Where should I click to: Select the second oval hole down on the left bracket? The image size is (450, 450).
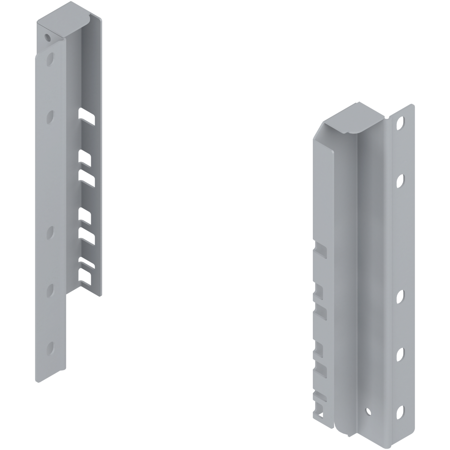(50, 117)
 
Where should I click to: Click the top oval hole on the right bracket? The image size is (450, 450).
(402, 122)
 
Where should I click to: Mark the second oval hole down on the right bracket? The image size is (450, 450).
(402, 180)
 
